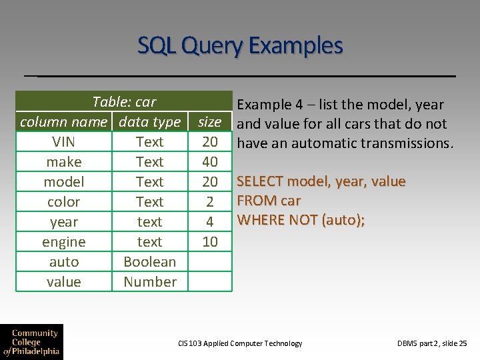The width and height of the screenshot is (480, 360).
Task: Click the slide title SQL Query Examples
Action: click(x=240, y=45)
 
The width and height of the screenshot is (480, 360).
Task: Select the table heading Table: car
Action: click(x=124, y=101)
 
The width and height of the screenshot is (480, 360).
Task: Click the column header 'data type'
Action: click(x=149, y=121)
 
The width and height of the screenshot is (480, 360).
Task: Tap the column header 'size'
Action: click(x=209, y=121)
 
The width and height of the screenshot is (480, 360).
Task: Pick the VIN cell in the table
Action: click(x=63, y=141)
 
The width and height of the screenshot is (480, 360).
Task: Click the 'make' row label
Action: click(x=63, y=161)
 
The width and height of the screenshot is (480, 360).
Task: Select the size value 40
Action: click(x=209, y=161)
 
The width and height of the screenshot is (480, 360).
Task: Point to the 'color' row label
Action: click(x=63, y=201)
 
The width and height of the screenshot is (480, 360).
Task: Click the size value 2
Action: click(x=209, y=201)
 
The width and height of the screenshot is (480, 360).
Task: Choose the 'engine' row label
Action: click(x=63, y=241)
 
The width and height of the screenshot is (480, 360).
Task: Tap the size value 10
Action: click(x=209, y=241)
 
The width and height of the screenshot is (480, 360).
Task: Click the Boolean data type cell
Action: click(x=149, y=261)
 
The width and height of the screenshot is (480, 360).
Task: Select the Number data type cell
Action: click(x=149, y=281)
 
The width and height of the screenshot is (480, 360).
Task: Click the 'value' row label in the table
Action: click(x=63, y=281)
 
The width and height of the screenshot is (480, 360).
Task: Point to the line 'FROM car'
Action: click(x=269, y=201)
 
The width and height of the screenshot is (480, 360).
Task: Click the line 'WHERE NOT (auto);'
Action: click(x=301, y=219)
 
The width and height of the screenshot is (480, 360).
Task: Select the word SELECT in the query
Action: click(x=259, y=181)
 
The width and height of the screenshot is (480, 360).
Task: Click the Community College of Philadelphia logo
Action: click(x=31, y=341)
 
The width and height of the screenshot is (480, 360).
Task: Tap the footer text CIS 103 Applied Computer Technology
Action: click(x=240, y=343)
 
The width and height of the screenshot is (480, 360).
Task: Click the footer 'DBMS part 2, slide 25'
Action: click(x=432, y=343)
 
